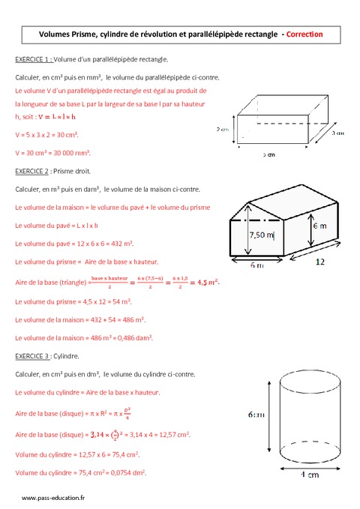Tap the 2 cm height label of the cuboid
click(x=223, y=128)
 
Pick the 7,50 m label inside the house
click(x=262, y=235)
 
